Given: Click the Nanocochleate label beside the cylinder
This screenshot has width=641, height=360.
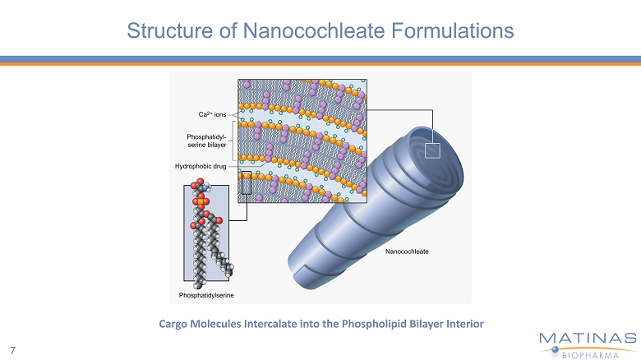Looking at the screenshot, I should [408, 251].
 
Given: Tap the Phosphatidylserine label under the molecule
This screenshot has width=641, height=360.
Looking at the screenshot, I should [207, 293].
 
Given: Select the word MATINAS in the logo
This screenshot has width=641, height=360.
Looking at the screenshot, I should [588, 339].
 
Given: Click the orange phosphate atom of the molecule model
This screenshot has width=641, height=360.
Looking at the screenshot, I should [201, 200].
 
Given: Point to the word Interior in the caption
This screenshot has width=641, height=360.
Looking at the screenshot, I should [462, 323].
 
